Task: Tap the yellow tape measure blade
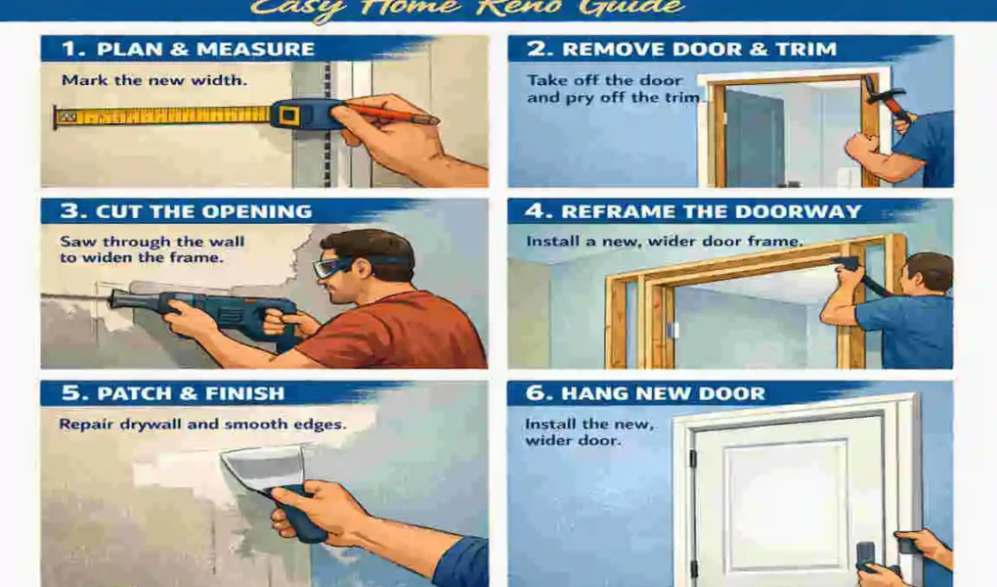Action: (166, 116)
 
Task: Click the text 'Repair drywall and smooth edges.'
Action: (202, 425)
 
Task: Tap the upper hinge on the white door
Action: (692, 459)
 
